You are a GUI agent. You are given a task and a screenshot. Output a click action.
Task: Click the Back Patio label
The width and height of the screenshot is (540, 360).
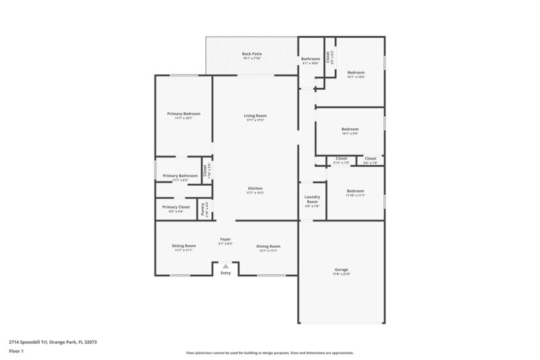tap(252, 53)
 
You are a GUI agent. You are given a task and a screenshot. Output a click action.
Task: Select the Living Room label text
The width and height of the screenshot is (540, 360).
tap(255, 115)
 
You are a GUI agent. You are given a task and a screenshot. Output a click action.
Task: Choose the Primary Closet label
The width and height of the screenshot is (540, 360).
tap(175, 207)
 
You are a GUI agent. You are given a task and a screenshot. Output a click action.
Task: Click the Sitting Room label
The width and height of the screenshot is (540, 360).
tap(184, 246)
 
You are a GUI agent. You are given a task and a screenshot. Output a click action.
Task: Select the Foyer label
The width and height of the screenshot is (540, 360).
tap(225, 239)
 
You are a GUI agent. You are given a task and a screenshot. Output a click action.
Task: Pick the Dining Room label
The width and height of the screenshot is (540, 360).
tap(268, 246)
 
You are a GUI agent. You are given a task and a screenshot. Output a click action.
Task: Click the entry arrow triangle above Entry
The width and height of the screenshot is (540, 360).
tap(225, 266)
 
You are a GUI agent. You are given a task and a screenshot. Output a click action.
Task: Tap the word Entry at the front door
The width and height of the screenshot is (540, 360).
tap(225, 273)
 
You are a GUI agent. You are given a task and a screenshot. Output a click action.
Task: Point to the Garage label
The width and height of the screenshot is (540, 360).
tap(342, 269)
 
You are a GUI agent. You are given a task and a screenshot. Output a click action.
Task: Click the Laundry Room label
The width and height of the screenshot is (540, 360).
tap(312, 199)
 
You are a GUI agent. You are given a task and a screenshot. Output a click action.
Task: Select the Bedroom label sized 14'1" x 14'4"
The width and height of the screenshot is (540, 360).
tap(356, 72)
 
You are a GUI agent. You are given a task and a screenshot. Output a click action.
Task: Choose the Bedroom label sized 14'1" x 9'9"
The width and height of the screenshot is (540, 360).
tap(350, 128)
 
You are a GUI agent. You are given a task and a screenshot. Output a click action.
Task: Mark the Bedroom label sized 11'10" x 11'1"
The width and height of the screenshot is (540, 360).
tap(355, 190)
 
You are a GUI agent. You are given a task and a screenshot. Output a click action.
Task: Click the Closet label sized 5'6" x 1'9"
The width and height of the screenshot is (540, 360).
tap(371, 158)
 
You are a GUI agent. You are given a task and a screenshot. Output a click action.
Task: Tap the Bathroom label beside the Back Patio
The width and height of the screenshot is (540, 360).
tap(310, 59)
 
